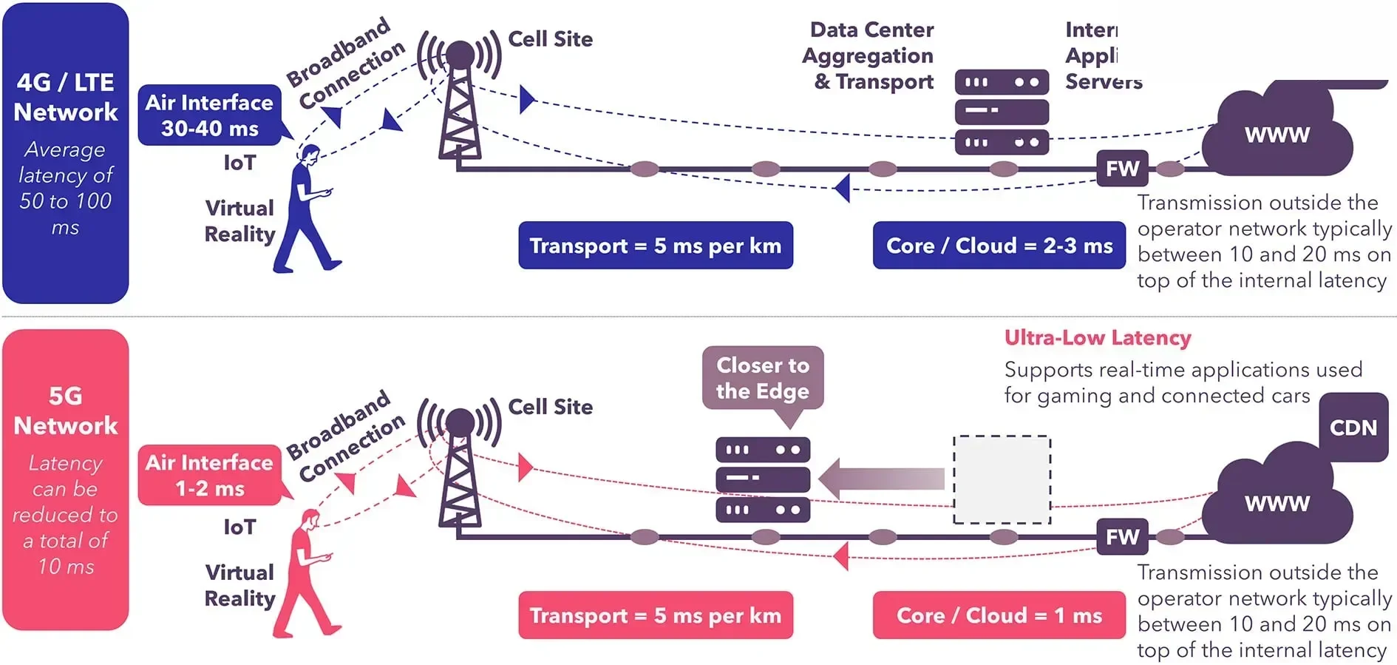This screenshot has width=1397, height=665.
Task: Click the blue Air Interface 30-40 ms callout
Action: (x=209, y=115)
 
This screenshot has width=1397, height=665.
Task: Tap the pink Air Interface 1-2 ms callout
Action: (x=209, y=475)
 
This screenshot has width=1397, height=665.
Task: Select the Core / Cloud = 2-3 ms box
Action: (x=999, y=246)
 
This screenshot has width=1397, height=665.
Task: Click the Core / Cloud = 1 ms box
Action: (x=999, y=615)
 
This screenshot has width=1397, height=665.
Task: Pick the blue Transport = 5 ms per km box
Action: (x=655, y=246)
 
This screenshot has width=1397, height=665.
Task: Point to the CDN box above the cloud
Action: (x=1353, y=428)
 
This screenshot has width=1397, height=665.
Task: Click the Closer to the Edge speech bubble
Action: (x=762, y=378)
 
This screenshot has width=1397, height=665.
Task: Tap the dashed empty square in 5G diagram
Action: (x=1002, y=479)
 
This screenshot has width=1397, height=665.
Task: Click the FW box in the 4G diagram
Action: (x=1122, y=169)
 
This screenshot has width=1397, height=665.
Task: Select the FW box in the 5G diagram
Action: (x=1122, y=537)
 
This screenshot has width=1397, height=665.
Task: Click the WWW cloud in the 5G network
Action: (x=1277, y=504)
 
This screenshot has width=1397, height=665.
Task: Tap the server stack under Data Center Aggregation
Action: (x=1002, y=112)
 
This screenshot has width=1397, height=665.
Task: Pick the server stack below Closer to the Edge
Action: (x=762, y=479)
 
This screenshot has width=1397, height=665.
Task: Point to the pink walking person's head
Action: (x=310, y=520)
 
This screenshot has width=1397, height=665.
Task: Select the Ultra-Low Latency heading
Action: (x=1097, y=338)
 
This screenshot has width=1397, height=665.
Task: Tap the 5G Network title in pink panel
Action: (x=65, y=411)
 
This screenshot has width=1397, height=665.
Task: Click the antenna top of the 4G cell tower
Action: (x=460, y=53)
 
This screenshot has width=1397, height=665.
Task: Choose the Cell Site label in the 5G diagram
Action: (x=550, y=407)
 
